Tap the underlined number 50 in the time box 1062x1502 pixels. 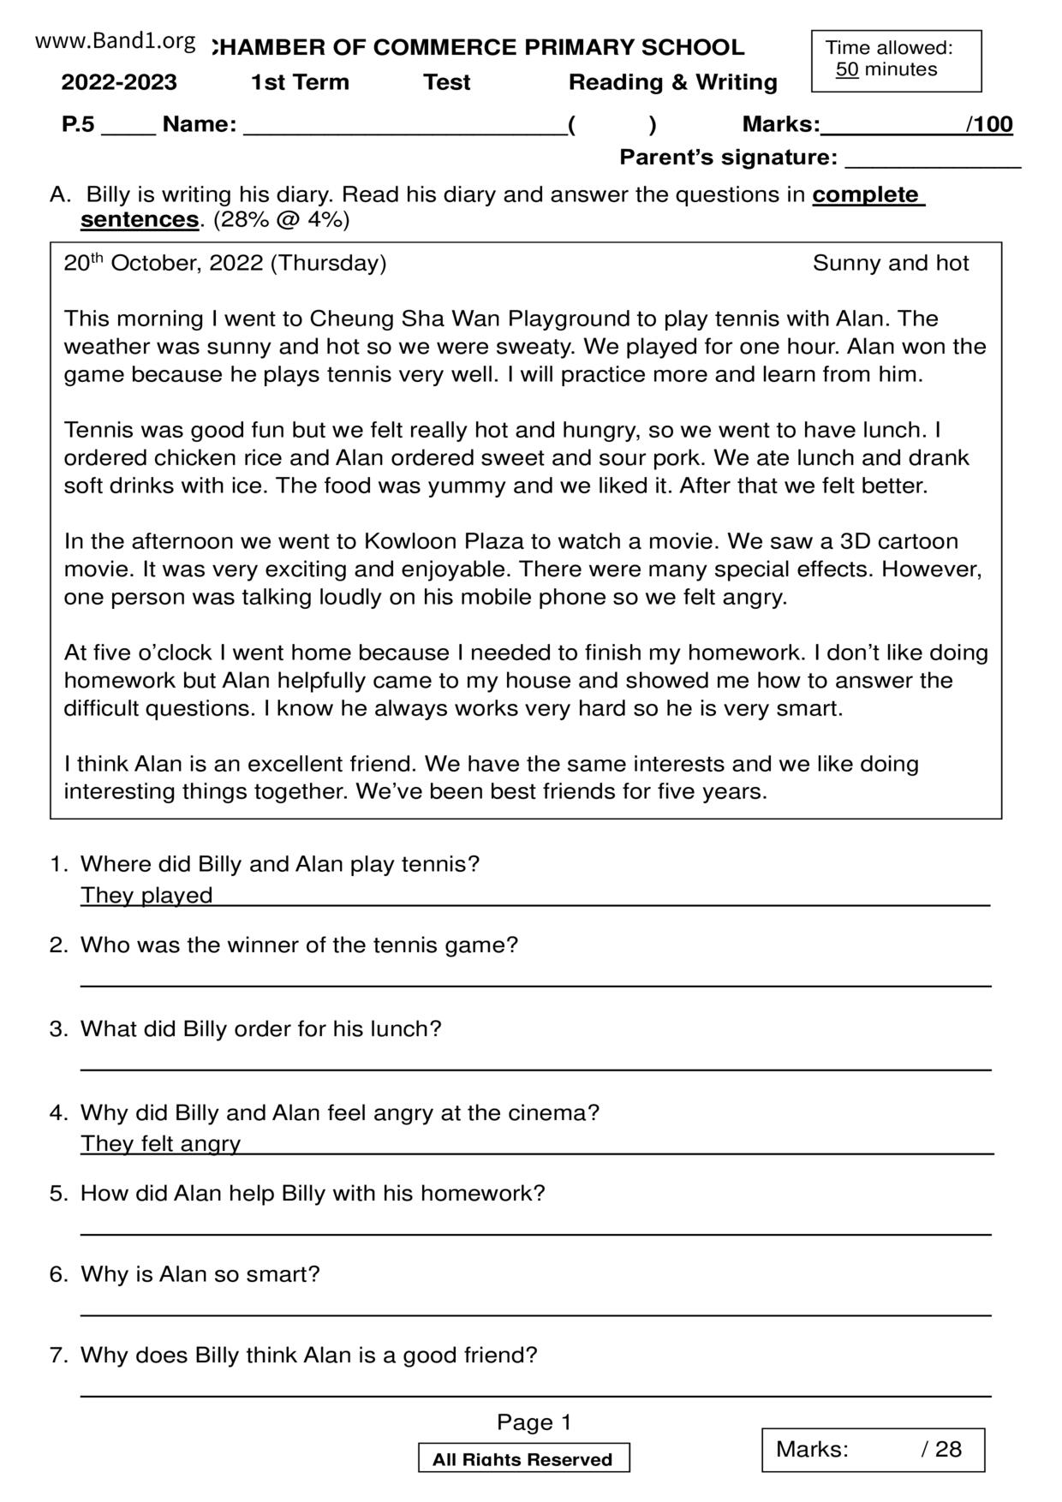(847, 70)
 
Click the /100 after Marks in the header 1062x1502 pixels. (989, 125)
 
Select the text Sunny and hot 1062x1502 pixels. (891, 263)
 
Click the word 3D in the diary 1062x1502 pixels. (856, 541)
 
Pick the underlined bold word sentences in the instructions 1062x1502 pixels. (140, 220)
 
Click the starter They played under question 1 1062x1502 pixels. (146, 895)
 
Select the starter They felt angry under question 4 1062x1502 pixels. (161, 1143)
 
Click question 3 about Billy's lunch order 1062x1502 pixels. (260, 1028)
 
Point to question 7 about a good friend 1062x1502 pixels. (308, 1355)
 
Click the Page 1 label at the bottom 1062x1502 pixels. (534, 1422)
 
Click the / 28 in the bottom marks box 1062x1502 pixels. (941, 1449)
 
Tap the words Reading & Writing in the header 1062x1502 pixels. (672, 82)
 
